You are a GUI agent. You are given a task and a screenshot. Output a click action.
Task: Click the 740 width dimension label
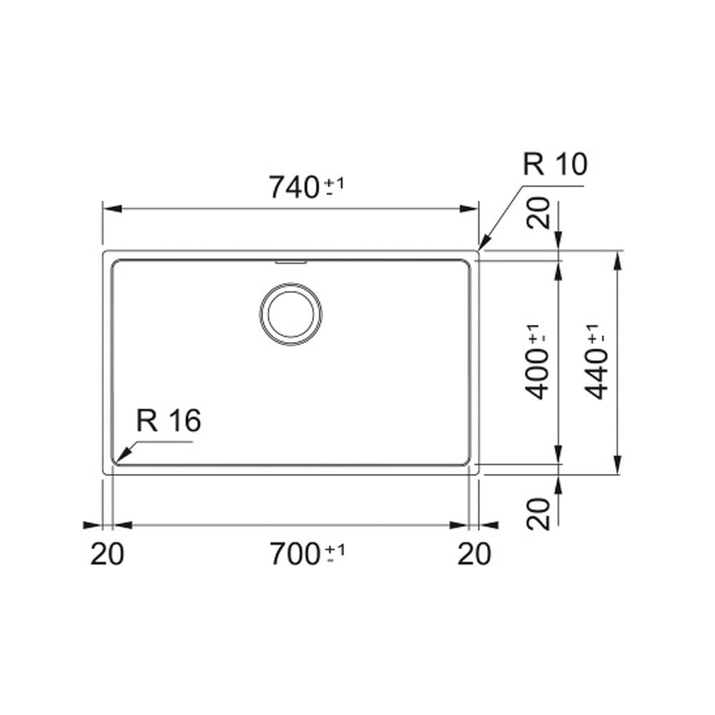[x=294, y=187]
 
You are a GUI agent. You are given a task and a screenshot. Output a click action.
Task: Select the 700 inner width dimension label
[x=295, y=554]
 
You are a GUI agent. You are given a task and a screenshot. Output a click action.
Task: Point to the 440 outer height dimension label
[x=596, y=374]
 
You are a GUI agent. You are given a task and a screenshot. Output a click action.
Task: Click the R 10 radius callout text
[x=555, y=164]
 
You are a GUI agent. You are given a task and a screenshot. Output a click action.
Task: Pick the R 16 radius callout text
[x=168, y=420]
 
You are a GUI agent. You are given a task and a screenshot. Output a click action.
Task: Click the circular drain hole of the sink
[x=291, y=314]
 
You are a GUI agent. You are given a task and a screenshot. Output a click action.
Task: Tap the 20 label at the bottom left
[x=107, y=554]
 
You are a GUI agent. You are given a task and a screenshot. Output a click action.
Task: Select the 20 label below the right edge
[x=474, y=554]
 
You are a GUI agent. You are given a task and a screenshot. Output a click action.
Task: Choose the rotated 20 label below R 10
[x=538, y=212]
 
